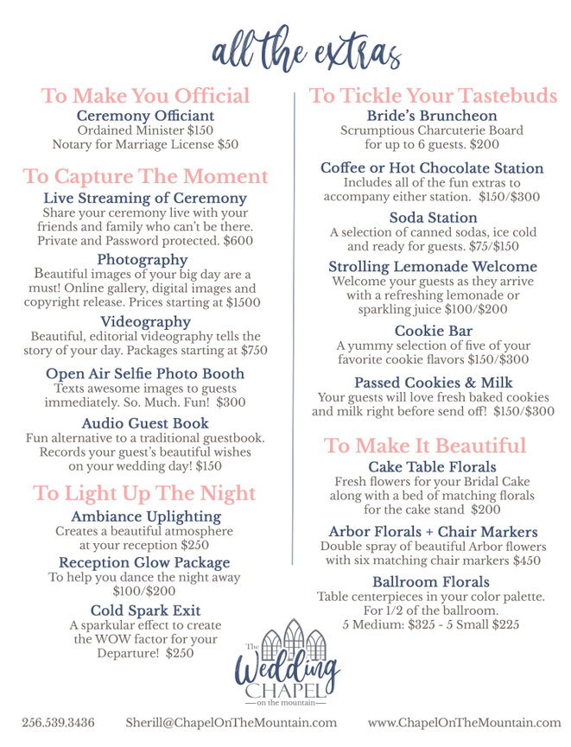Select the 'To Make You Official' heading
145,96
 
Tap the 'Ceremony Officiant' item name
145,116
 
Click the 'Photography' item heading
142,259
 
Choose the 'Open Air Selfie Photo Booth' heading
145,374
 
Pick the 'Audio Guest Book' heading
145,423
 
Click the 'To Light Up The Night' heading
145,493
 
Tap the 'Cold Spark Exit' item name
145,611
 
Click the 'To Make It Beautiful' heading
425,446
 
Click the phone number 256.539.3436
59,722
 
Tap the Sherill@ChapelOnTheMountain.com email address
231,722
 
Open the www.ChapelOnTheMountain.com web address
464,722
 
